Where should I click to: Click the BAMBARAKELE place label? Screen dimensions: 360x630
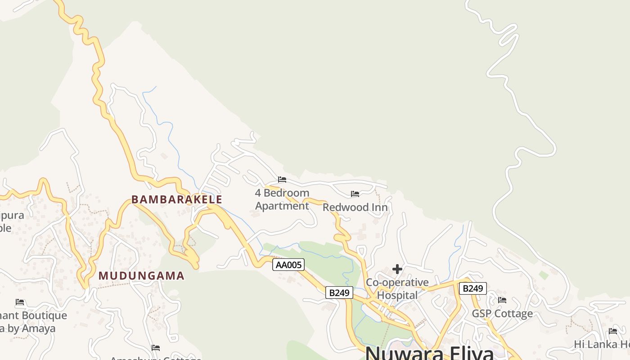(177, 199)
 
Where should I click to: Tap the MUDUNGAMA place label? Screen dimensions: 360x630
(141, 276)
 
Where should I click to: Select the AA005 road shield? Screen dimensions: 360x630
(288, 265)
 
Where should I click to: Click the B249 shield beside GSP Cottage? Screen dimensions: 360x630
(472, 288)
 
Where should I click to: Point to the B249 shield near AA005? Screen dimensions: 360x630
(339, 293)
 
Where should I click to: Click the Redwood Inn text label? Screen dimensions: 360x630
(355, 207)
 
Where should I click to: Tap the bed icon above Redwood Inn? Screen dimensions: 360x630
(355, 194)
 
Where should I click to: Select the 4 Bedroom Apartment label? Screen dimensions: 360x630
(282, 199)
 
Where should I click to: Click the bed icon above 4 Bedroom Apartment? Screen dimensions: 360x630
(282, 180)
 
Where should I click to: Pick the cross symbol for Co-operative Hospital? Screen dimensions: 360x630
(397, 269)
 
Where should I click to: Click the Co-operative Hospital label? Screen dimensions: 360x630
(397, 289)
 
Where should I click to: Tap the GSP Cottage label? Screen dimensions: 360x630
(502, 314)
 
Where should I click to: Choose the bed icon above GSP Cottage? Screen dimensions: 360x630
(502, 300)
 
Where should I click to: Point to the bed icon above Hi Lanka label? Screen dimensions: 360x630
(613, 331)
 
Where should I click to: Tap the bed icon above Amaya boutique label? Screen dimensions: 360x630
(20, 302)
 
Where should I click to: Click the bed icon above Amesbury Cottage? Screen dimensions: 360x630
(156, 347)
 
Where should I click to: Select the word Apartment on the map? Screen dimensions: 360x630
(282, 206)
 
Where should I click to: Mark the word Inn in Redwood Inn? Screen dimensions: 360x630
(379, 207)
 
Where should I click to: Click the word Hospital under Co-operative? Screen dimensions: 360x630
(397, 295)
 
